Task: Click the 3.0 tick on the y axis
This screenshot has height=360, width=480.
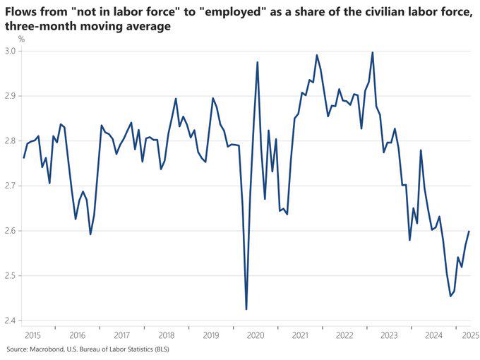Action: (x=12, y=51)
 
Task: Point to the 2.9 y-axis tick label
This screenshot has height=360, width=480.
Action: (x=12, y=96)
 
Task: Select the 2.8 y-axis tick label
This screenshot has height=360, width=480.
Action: (x=12, y=141)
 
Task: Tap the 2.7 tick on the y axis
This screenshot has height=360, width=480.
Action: (x=12, y=186)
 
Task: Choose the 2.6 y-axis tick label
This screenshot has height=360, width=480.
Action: (x=12, y=231)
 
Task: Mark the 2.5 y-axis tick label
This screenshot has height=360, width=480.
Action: (x=12, y=276)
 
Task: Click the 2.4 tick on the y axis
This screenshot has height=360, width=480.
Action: (x=12, y=320)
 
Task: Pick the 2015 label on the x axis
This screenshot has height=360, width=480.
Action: (x=32, y=335)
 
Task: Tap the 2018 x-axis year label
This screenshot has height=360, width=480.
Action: (x=167, y=335)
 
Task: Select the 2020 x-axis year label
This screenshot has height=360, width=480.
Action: (x=256, y=335)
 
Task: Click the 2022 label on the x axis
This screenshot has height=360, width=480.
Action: (x=344, y=335)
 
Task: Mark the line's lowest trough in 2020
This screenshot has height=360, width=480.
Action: (x=246, y=309)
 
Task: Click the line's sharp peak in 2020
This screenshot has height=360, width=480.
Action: (x=258, y=62)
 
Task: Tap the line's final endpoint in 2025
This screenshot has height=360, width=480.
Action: (x=469, y=232)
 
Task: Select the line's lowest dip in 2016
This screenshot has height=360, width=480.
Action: (x=90, y=234)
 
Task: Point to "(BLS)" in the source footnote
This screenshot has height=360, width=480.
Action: (x=160, y=349)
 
